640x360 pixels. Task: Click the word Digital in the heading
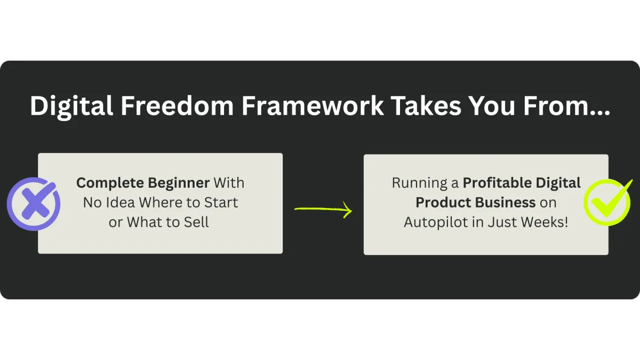point(71,106)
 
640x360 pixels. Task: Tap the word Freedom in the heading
point(177,106)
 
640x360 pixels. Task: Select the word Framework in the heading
point(313,106)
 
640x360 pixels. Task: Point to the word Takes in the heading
point(426,106)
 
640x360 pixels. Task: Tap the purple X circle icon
point(34,204)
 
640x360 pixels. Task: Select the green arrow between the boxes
point(323,210)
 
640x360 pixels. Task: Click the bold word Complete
point(110,183)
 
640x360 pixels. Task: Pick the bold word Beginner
point(179,183)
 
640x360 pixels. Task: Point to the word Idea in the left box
point(121,203)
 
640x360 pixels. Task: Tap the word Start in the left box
point(221,203)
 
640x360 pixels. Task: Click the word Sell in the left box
point(196,222)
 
